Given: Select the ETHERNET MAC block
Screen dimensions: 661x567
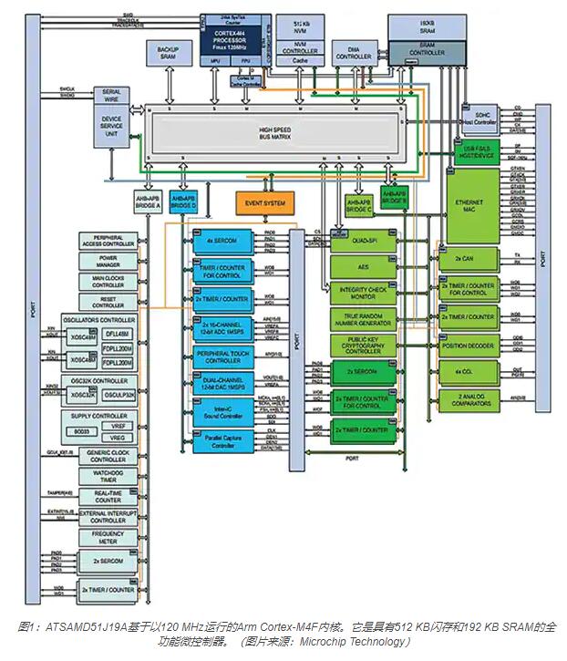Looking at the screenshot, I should [x=473, y=206].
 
